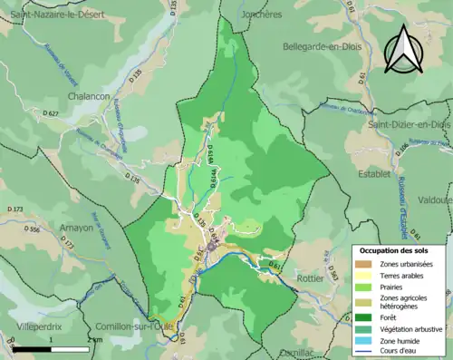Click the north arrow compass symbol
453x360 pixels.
[x=401, y=49]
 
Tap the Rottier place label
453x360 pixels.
[x=311, y=278]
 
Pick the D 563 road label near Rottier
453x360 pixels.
[x=276, y=263]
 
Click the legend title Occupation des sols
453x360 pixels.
[x=399, y=249]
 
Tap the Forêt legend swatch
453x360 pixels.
[x=364, y=316]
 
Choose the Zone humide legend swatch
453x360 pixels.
[x=364, y=344]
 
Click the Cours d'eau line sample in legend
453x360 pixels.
[x=364, y=355]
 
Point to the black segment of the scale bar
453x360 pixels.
[x=32, y=348]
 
